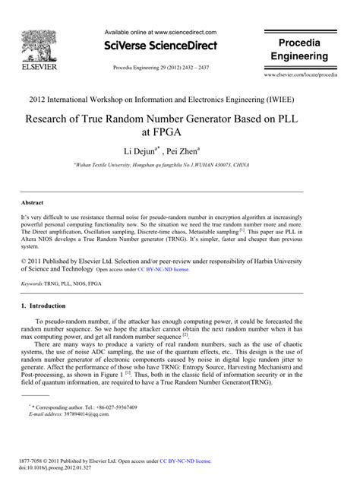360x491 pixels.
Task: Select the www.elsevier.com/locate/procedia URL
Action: pos(309,77)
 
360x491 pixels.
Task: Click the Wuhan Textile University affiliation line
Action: pos(179,165)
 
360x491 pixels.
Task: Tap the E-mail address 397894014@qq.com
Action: pos(80,415)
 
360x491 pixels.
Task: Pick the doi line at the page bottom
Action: pos(55,468)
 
